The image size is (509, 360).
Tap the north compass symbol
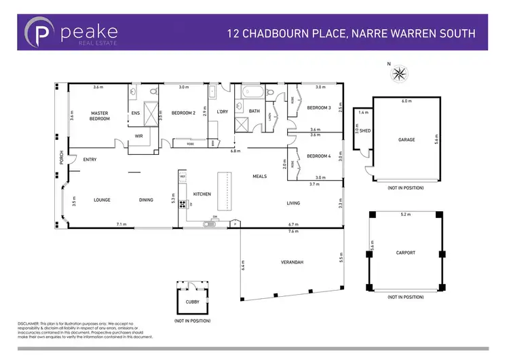pyautogui.click(x=400, y=72)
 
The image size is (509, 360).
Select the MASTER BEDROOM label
pyautogui.click(x=100, y=116)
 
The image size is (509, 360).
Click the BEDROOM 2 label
pyautogui.click(x=183, y=113)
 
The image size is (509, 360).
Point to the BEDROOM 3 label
pyautogui.click(x=319, y=108)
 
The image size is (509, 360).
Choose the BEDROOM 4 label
pyautogui.click(x=319, y=156)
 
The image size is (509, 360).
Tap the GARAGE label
pyautogui.click(x=407, y=139)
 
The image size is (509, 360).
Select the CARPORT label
pyautogui.click(x=405, y=253)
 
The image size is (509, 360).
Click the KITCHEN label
pyautogui.click(x=202, y=194)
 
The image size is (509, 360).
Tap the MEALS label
pyautogui.click(x=260, y=176)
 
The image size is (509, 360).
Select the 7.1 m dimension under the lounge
pyautogui.click(x=121, y=223)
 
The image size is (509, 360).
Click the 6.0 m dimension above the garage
pyautogui.click(x=407, y=101)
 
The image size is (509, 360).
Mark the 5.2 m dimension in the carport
pyautogui.click(x=405, y=215)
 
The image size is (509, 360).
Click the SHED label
pyautogui.click(x=365, y=130)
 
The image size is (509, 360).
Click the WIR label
pyautogui.click(x=138, y=136)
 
